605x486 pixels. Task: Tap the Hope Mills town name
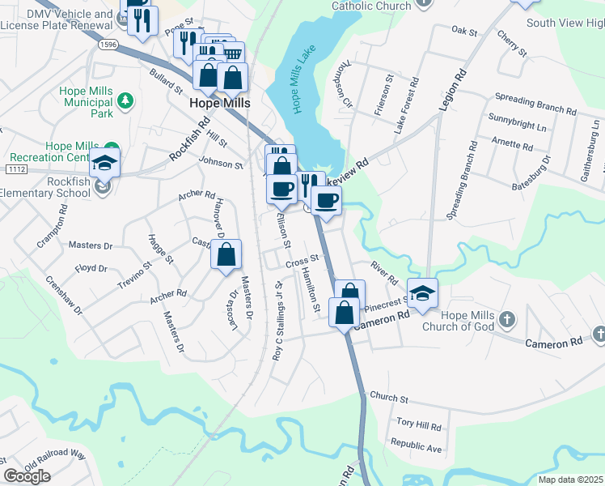pyautogui.click(x=219, y=104)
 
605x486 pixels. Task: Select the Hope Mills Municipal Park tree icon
pyautogui.click(x=125, y=100)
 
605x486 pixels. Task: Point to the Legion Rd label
pyautogui.click(x=454, y=90)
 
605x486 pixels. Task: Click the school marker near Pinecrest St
pyautogui.click(x=422, y=295)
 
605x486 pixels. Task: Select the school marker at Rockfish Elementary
pyautogui.click(x=104, y=164)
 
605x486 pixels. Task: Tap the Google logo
pyautogui.click(x=27, y=476)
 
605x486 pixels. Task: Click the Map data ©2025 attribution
pyautogui.click(x=570, y=480)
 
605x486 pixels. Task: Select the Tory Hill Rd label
pyautogui.click(x=418, y=424)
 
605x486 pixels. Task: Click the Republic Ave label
pyautogui.click(x=416, y=446)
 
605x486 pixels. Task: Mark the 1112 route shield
pyautogui.click(x=15, y=169)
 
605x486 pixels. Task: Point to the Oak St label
pyautogui.click(x=465, y=31)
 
